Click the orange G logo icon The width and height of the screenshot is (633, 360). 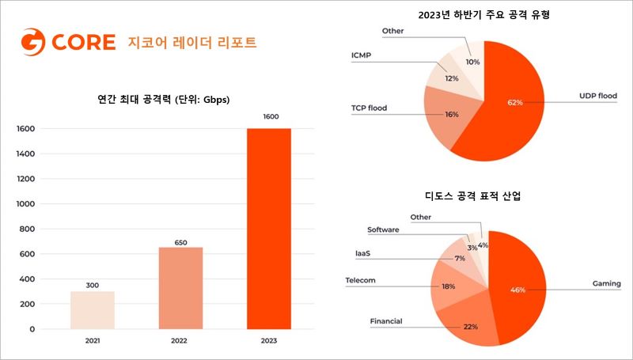point(32,42)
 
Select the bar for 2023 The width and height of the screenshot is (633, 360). point(268,228)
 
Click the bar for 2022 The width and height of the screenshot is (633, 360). point(180,287)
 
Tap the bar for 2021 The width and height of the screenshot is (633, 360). point(92,309)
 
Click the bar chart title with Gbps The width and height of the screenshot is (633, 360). point(164,99)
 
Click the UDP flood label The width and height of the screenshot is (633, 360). point(597,96)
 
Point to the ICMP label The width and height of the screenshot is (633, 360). point(362,56)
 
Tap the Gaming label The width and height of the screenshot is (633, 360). point(607,283)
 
